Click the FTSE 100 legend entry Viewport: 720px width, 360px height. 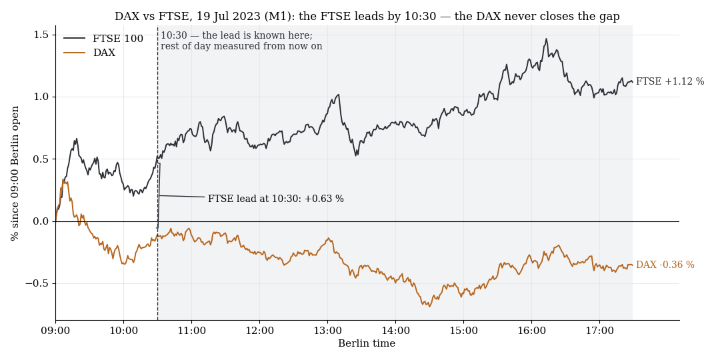103,39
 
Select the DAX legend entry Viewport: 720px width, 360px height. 89,53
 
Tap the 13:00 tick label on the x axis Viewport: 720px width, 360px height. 327,330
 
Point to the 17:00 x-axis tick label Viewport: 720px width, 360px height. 600,330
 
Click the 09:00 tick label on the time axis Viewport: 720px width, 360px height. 55,330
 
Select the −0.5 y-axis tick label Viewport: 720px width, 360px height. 40,284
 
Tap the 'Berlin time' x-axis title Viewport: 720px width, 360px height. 367,343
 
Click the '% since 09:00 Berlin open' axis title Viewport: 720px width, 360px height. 15,173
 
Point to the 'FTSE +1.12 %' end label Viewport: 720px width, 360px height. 670,82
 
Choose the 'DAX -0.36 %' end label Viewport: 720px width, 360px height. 665,265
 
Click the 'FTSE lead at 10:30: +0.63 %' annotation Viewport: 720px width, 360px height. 276,199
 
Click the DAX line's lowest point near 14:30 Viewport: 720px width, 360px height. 429,306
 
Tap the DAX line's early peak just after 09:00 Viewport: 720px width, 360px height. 63,180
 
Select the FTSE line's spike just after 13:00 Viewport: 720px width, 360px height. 339,95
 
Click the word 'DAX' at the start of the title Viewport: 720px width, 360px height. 125,17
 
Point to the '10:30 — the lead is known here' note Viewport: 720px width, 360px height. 237,36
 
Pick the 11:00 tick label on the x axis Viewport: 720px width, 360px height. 191,330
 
